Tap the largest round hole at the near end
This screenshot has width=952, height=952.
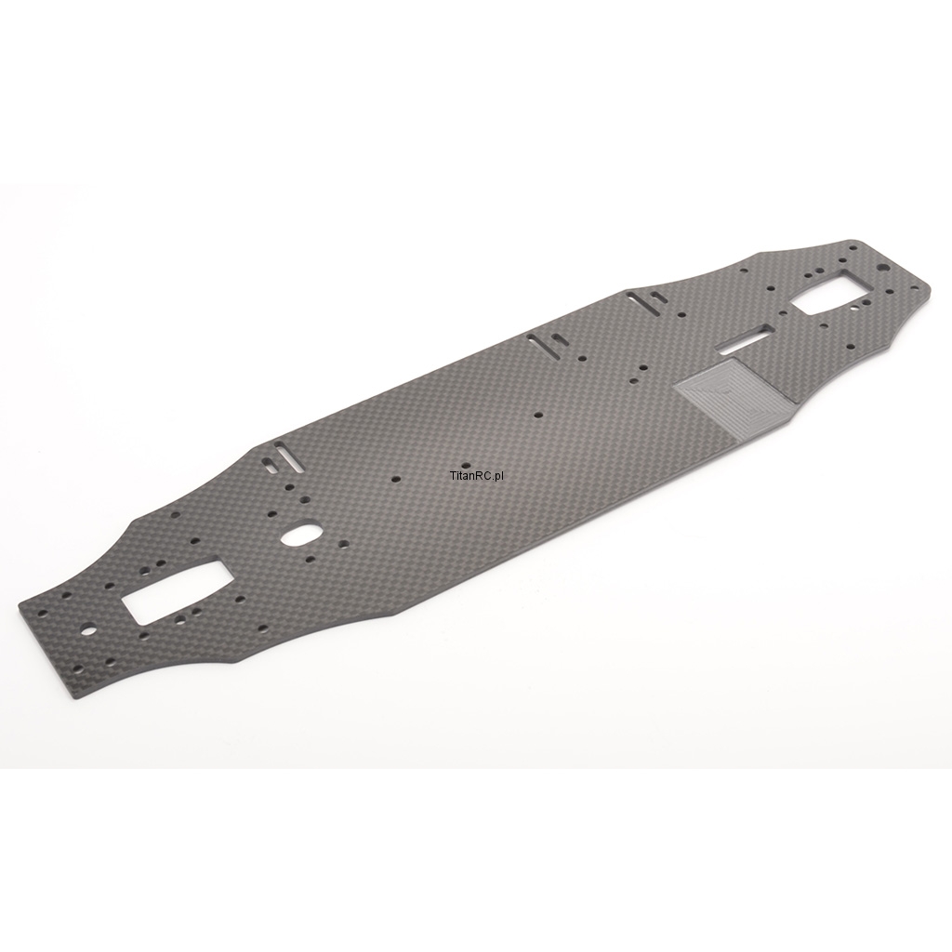(x=89, y=630)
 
